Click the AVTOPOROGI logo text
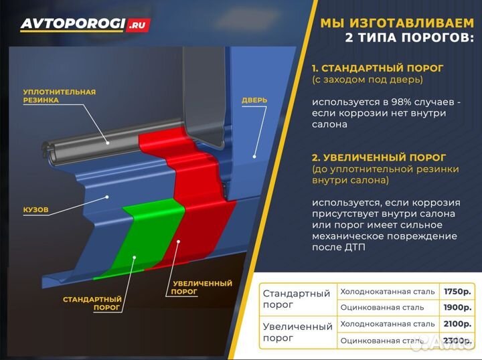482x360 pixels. pyautogui.click(x=73, y=24)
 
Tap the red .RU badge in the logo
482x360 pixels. pyautogui.click(x=139, y=25)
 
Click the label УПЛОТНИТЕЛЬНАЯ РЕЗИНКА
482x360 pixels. pyautogui.click(x=59, y=96)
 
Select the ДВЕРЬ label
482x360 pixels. pyautogui.click(x=254, y=100)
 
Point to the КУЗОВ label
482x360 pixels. pyautogui.click(x=35, y=209)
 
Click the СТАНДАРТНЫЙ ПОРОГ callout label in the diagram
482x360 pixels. pyautogui.click(x=92, y=304)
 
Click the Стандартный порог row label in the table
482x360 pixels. pyautogui.click(x=297, y=299)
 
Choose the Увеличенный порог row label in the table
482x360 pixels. pyautogui.click(x=297, y=333)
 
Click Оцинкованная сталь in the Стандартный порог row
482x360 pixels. pyautogui.click(x=382, y=307)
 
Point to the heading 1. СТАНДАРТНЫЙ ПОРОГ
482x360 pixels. pyautogui.click(x=378, y=68)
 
